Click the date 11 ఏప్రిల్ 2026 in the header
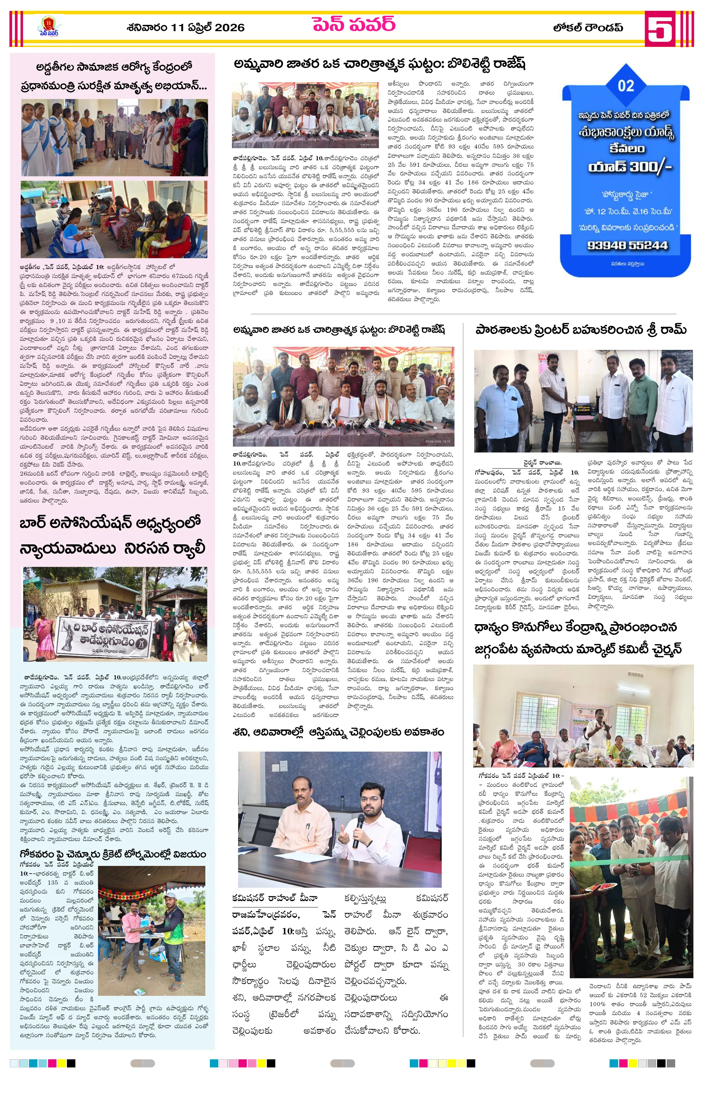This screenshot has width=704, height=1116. tap(185, 27)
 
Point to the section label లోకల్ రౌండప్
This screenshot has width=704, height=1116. tap(587, 27)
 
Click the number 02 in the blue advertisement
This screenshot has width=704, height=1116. tap(626, 86)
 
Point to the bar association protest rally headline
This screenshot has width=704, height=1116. tap(112, 536)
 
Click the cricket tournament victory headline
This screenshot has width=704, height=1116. tap(113, 854)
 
